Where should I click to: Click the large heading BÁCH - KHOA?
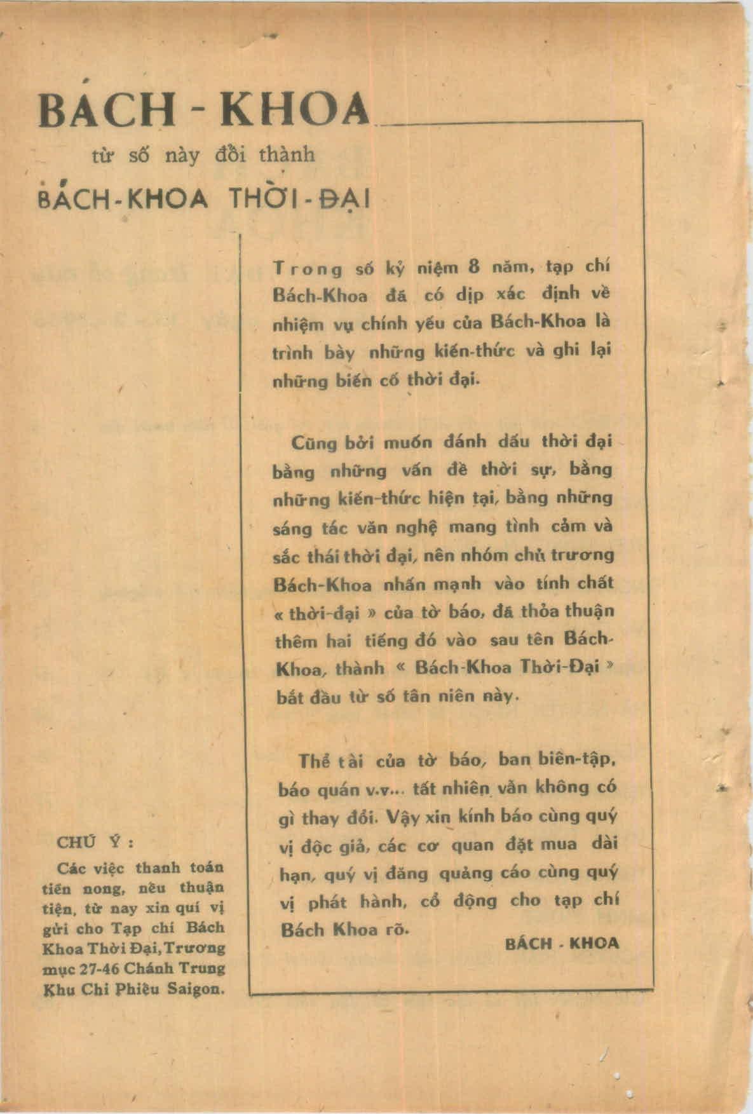203,108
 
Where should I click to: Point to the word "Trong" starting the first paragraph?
308,269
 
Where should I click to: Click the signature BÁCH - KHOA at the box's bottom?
562,944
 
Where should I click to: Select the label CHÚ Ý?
95,843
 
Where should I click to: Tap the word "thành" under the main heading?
287,154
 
